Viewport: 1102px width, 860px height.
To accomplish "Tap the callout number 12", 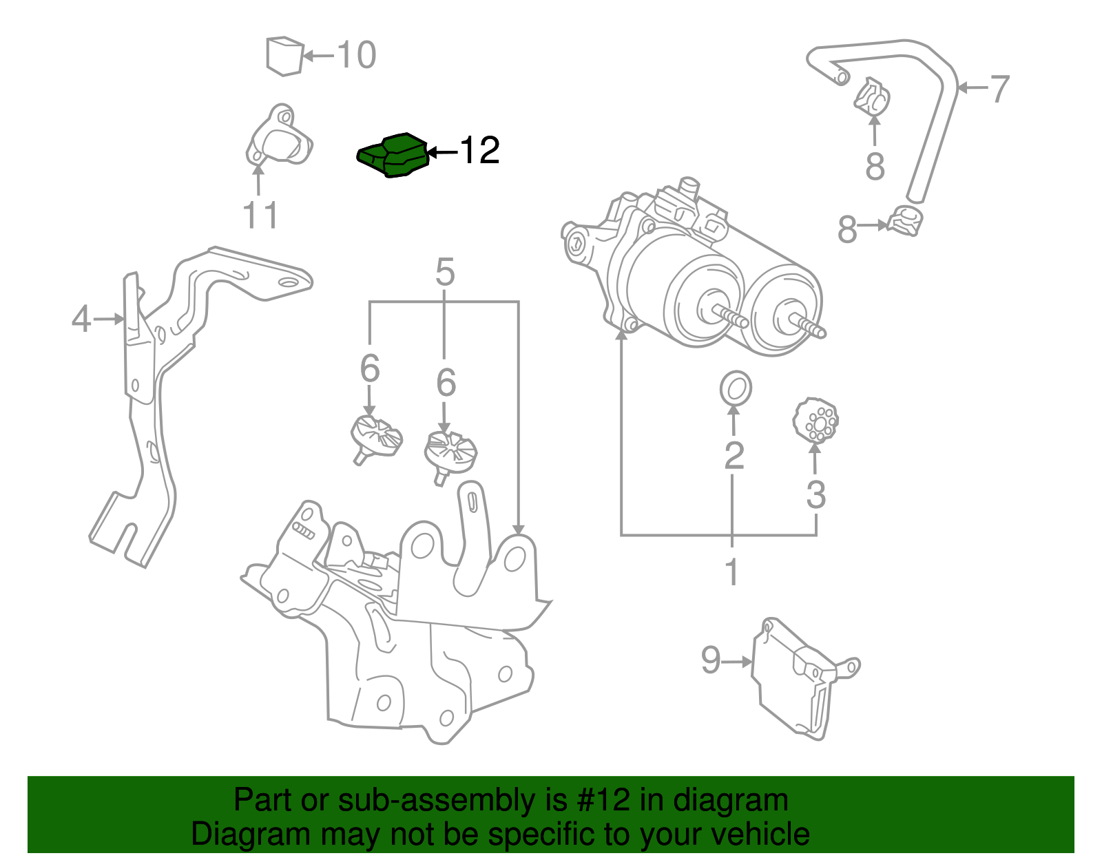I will pos(479,151).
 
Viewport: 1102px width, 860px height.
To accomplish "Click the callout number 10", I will pos(357,55).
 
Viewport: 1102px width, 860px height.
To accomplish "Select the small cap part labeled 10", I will pos(284,56).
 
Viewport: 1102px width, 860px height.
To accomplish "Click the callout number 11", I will pos(260,215).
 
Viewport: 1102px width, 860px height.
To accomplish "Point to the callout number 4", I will pos(81,319).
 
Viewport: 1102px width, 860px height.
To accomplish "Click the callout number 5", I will pos(445,273).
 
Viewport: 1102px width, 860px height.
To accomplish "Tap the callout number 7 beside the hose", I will pos(999,89).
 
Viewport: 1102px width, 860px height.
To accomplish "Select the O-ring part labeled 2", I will pos(736,388).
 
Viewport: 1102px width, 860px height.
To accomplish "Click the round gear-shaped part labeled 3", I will pos(815,420).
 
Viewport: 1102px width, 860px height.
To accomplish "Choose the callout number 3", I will pos(815,494).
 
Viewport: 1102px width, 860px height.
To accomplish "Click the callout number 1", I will pos(731,572).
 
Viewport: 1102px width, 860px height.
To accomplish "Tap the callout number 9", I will pos(711,660).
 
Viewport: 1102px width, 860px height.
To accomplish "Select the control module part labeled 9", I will pos(796,678).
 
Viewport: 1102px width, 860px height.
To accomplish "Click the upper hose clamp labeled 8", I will pos(872,96).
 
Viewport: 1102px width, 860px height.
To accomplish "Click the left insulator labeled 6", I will pos(375,437).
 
